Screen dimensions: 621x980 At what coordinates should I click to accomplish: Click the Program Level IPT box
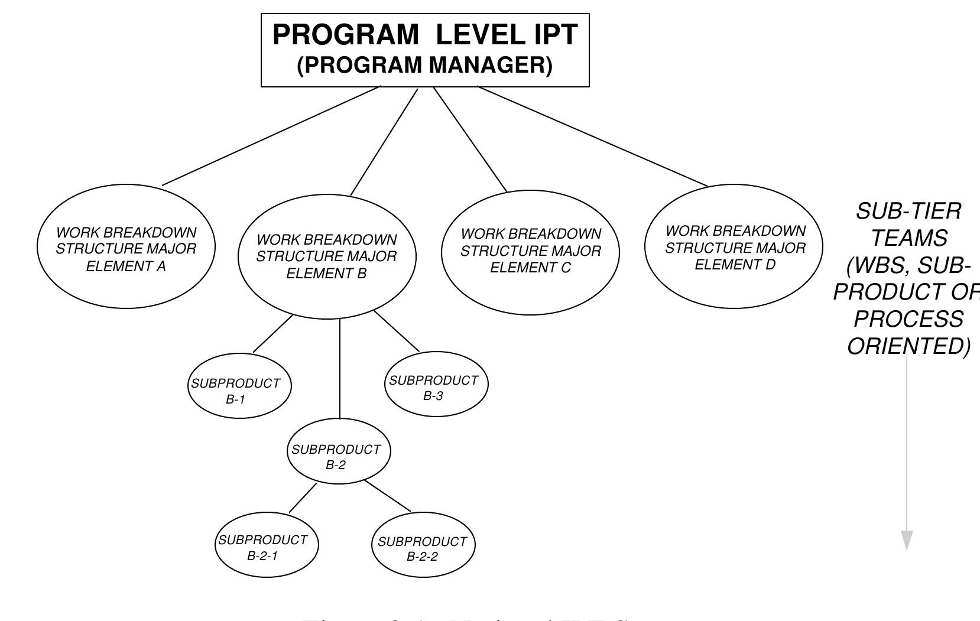point(425,50)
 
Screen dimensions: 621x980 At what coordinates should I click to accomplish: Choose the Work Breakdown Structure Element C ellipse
point(530,252)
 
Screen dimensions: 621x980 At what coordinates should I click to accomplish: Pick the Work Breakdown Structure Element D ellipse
point(734,246)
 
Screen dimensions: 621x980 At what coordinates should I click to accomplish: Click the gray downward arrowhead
point(907,540)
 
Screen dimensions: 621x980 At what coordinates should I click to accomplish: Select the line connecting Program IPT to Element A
point(272,136)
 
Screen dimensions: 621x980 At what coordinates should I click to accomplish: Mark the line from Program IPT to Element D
point(591,136)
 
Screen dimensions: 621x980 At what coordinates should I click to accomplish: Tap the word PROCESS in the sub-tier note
point(908,319)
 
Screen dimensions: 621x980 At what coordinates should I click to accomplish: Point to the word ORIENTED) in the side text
point(908,346)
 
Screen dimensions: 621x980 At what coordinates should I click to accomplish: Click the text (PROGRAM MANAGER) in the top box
point(424,65)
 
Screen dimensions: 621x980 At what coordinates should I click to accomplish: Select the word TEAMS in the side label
point(909,238)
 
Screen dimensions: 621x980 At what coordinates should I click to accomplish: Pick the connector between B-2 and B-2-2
point(388,496)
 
